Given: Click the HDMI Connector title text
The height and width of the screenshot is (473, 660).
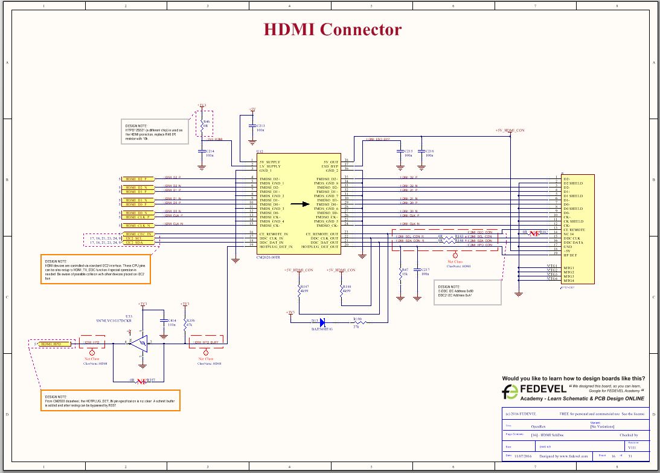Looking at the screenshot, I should click(333, 29).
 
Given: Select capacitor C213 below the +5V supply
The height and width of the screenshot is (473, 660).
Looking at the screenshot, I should click(252, 128).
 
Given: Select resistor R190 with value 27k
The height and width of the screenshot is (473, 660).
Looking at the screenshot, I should click(357, 322).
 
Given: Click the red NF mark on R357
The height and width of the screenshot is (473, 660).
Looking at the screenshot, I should click(141, 381).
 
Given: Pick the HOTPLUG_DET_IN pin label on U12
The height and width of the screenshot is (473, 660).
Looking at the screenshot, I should click(277, 247).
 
